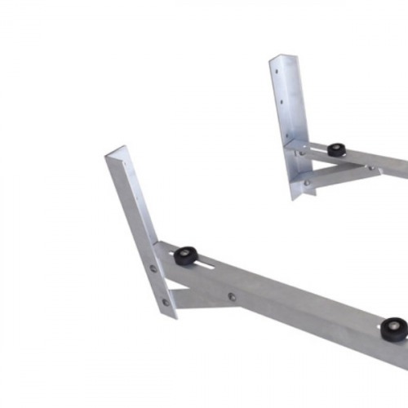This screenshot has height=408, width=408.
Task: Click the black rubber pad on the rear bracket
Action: [336, 150]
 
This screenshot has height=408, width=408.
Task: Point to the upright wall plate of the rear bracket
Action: [289, 122]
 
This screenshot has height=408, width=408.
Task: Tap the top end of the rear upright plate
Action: [277, 58]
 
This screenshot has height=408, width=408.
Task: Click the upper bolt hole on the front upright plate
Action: [153, 268]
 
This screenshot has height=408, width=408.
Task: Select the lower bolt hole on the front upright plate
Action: [166, 301]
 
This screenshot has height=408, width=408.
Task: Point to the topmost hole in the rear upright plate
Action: [278, 72]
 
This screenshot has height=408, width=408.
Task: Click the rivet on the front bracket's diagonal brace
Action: [233, 297]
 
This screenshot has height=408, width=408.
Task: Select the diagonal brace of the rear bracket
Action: [343, 173]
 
